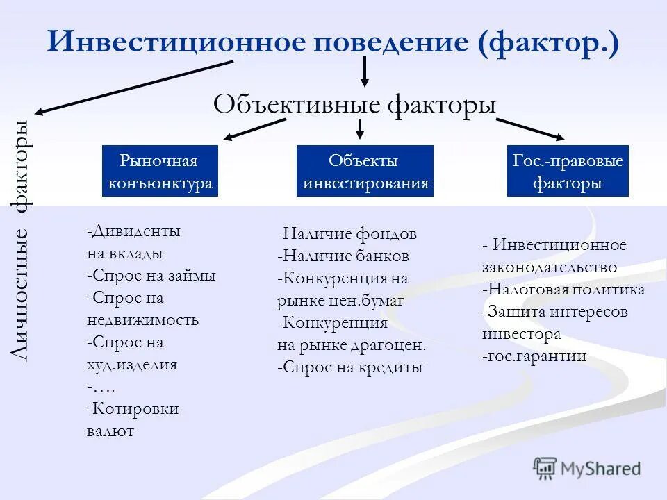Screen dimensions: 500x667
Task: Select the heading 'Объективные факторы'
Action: coord(354,105)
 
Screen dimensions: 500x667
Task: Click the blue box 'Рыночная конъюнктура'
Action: coord(160,172)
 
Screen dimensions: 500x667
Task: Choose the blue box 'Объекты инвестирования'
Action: coord(365,172)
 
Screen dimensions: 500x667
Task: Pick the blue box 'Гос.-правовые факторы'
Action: coord(568,172)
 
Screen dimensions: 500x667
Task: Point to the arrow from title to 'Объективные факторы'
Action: coord(363,71)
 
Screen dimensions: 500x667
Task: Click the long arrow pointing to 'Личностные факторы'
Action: coord(132,87)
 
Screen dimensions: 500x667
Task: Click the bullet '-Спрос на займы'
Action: coord(151,276)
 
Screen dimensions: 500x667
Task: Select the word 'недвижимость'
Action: coord(143,320)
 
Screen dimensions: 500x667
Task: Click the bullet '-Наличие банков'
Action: coord(343,256)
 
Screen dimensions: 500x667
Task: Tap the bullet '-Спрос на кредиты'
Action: coord(349,367)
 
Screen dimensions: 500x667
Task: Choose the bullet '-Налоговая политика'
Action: coord(563,290)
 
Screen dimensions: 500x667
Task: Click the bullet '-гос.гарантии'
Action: coord(534,356)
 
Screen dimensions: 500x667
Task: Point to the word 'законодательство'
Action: coord(550,267)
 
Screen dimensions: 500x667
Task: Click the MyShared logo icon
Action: coord(545,468)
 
